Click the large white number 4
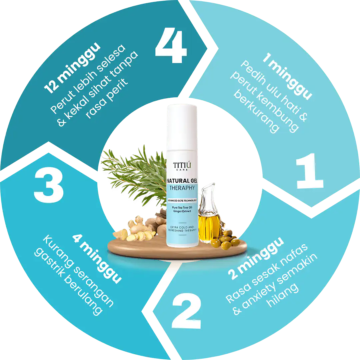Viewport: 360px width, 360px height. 171,45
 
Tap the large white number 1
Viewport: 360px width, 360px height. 310,171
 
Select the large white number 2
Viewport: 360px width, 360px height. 186,311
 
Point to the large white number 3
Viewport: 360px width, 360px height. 49,186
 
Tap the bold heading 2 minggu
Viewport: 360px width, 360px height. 256,258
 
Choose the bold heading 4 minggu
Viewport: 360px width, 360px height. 97,259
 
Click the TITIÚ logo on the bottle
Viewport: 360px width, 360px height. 182,165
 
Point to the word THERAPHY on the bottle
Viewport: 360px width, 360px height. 182,188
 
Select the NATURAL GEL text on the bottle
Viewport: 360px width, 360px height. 182,181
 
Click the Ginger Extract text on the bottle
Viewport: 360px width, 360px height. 182,211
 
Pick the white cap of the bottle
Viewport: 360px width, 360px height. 182,127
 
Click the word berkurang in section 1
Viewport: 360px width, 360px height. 256,111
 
